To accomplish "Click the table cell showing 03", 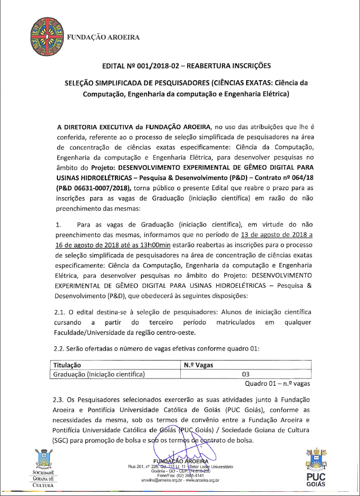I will point(245,374).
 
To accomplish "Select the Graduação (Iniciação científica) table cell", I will point(100,374).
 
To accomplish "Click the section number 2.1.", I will point(60,312).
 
